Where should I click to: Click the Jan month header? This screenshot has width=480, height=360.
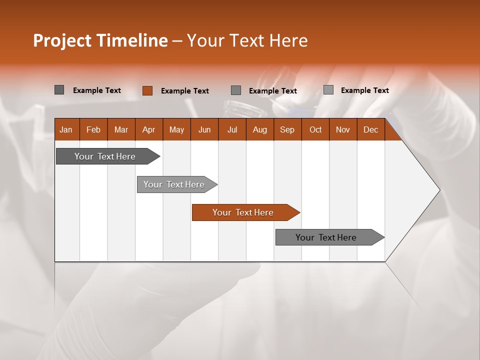click(x=66, y=129)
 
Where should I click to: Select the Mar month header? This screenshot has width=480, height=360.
click(x=121, y=129)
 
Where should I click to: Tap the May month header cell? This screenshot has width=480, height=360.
click(x=176, y=129)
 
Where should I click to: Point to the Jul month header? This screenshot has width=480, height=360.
click(x=232, y=129)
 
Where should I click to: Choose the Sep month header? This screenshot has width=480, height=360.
click(x=287, y=129)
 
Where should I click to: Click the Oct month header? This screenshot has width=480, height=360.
click(x=315, y=129)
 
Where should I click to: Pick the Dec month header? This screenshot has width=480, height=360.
click(x=370, y=129)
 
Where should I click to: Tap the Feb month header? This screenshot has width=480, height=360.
click(x=93, y=129)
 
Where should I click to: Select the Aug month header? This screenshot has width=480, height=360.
click(x=259, y=129)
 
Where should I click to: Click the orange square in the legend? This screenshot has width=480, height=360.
click(x=147, y=90)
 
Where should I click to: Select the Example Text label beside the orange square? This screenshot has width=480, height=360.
click(x=184, y=91)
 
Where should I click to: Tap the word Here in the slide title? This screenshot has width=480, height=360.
click(x=288, y=40)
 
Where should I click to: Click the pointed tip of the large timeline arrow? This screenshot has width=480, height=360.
click(x=438, y=190)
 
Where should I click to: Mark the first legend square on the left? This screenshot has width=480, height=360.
click(x=59, y=90)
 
